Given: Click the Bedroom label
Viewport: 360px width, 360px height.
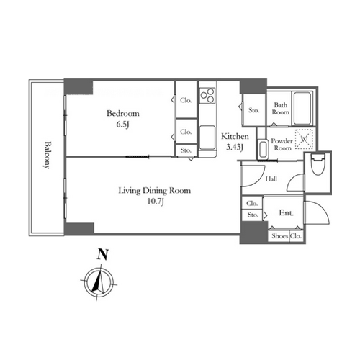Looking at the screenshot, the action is click(123, 113).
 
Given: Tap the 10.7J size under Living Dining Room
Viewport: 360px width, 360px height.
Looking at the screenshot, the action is click(156, 201).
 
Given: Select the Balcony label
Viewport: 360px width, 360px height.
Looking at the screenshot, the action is click(48, 156).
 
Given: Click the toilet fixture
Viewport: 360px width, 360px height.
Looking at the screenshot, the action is click(318, 164).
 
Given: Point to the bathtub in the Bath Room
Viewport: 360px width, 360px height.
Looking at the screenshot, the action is click(302, 108).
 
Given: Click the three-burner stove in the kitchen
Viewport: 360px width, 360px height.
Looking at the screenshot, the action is click(207, 96).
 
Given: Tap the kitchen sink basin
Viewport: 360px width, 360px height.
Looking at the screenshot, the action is click(207, 138).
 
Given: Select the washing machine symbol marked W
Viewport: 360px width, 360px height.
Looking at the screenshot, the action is click(304, 139).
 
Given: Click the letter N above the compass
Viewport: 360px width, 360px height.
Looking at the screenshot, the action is click(102, 254).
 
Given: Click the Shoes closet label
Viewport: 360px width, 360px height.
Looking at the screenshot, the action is click(280, 236).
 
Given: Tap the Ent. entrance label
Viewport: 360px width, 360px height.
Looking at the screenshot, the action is click(286, 212).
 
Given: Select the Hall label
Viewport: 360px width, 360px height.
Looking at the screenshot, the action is click(271, 179).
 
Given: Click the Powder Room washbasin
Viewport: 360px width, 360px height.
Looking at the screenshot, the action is click(262, 149).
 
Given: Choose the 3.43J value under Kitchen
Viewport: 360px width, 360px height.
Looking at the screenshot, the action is click(235, 147).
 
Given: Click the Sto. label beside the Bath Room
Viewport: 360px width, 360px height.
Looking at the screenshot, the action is click(253, 110).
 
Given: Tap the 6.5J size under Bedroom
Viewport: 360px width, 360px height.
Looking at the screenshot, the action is click(122, 125).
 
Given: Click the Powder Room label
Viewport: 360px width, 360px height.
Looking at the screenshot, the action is click(282, 144).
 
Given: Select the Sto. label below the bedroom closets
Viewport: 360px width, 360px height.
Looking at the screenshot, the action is click(186, 150).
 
